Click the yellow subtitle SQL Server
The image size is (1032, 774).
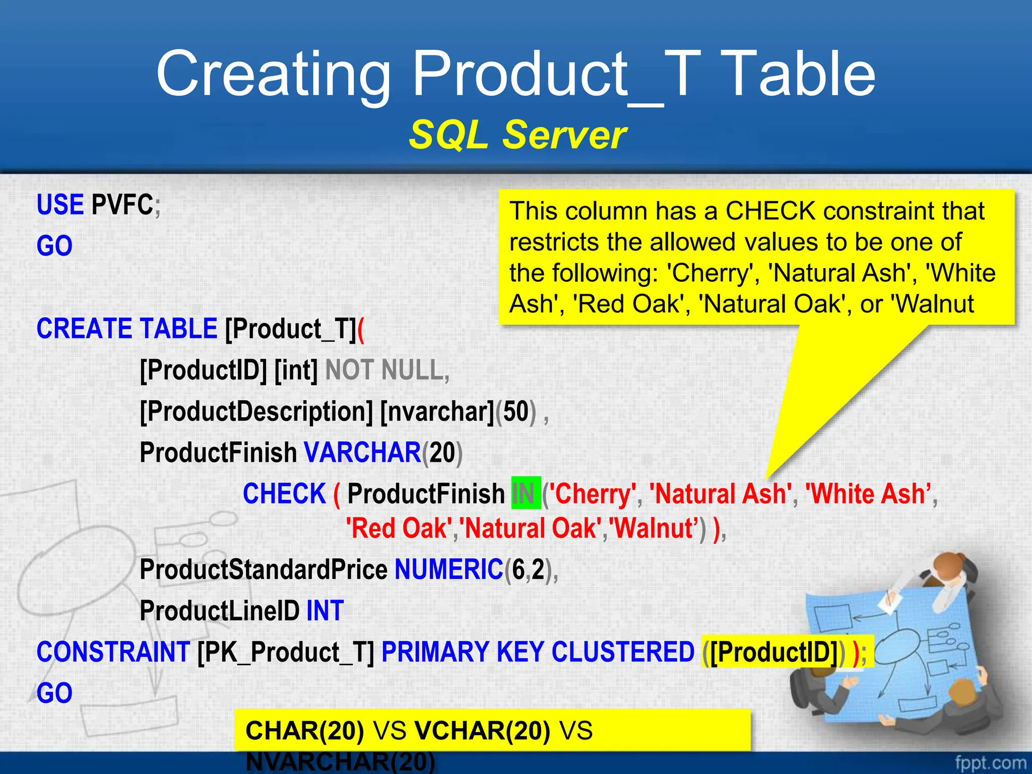[x=517, y=135]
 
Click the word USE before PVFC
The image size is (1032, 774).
[x=60, y=205]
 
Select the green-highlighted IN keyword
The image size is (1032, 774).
[x=526, y=493]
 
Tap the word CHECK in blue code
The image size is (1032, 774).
[x=284, y=493]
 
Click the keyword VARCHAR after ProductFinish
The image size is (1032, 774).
[x=362, y=452]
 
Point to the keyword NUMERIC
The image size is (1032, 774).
[x=448, y=569]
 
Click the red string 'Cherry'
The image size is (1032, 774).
[x=593, y=493]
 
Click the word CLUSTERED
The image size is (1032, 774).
[x=623, y=652]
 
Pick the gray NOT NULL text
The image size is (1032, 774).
[x=384, y=370]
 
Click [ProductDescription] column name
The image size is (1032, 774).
[x=256, y=411]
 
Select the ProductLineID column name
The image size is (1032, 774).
[x=220, y=611]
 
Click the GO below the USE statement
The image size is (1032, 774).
[x=54, y=246]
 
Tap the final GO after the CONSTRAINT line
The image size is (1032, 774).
[x=54, y=693]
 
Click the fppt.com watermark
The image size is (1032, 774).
[x=990, y=762]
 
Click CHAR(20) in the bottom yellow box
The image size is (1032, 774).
[x=304, y=731]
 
